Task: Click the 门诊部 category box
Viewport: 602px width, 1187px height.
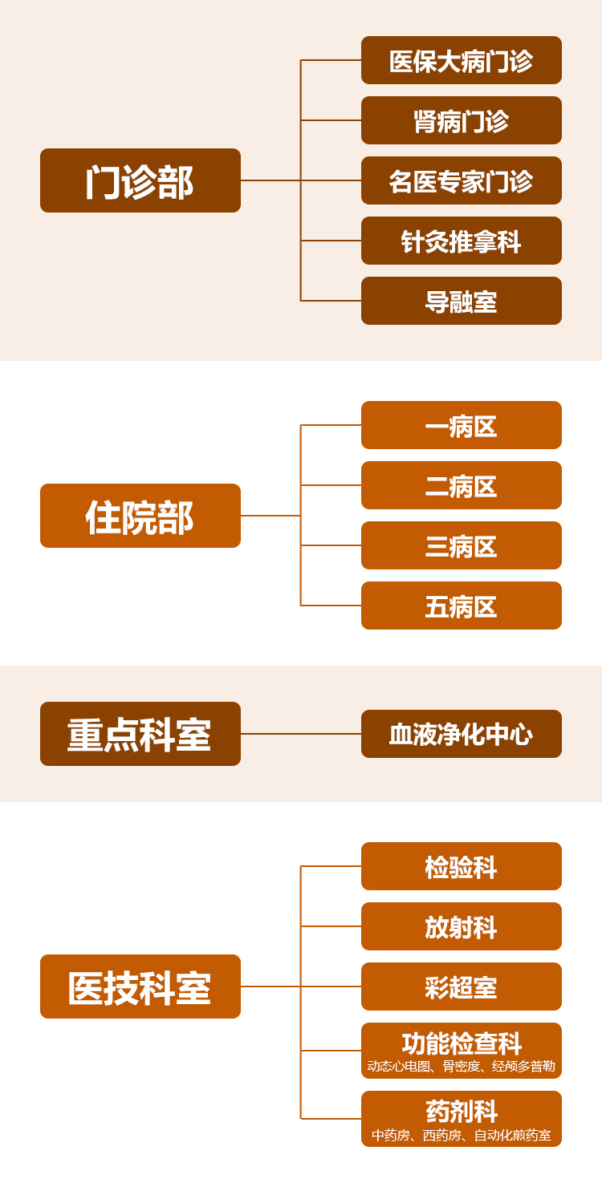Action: (x=140, y=180)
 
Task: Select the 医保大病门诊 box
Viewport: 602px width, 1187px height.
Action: (x=462, y=60)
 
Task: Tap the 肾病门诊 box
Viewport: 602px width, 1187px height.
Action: (x=462, y=120)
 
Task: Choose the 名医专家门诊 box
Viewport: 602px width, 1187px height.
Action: (x=462, y=180)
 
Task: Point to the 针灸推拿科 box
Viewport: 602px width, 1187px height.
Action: (x=462, y=241)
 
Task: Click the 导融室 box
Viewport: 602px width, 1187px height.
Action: (x=462, y=301)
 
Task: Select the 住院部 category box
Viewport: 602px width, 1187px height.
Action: (x=140, y=516)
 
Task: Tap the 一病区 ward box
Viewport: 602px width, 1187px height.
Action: (x=462, y=425)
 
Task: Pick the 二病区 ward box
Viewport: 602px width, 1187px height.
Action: (x=462, y=485)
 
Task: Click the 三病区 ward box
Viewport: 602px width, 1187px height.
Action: (x=462, y=545)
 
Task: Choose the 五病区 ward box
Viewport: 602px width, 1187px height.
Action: (x=462, y=606)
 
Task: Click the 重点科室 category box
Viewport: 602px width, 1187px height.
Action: (x=140, y=734)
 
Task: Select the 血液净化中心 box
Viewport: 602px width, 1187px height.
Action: (x=462, y=734)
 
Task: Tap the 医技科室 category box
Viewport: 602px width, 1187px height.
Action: (x=140, y=986)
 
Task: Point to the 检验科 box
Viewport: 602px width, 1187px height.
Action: (x=462, y=866)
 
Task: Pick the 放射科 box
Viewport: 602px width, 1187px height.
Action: (x=462, y=926)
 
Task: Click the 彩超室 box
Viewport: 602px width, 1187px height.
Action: (x=462, y=986)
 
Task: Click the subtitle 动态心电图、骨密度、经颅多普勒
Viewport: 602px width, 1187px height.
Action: (x=462, y=1067)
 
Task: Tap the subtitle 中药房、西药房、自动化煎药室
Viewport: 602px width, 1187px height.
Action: (x=462, y=1136)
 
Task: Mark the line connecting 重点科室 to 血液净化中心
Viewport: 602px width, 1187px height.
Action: (x=301, y=734)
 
